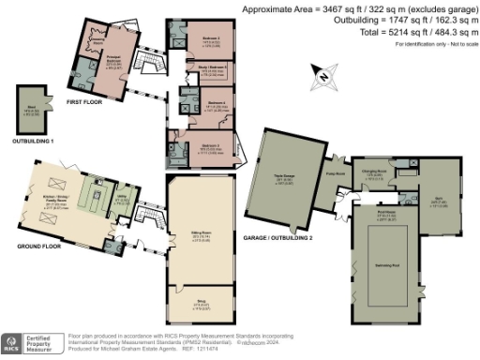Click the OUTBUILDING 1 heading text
pyautogui.click(x=32, y=140)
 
